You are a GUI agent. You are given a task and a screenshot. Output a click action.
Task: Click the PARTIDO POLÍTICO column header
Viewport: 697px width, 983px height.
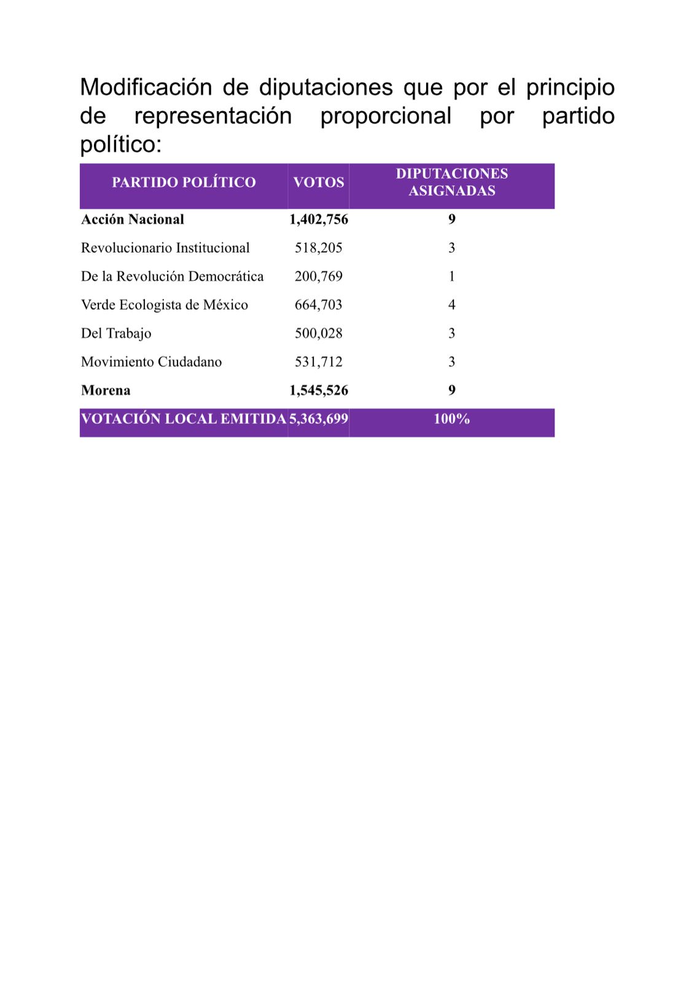(184, 182)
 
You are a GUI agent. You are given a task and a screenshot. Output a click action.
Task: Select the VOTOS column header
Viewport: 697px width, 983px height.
(319, 182)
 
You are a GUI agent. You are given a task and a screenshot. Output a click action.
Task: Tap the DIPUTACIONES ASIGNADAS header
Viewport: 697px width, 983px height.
(452, 182)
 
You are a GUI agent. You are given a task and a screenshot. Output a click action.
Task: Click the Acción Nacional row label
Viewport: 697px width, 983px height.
(133, 219)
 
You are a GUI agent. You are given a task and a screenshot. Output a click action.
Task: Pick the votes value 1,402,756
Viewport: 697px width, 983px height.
(319, 219)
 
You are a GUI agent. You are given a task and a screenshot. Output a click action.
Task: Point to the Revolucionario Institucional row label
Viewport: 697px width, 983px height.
(165, 248)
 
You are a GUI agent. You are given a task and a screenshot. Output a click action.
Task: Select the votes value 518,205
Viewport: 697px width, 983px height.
(319, 248)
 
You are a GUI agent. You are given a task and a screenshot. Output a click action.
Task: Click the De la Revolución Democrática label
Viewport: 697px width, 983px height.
(172, 276)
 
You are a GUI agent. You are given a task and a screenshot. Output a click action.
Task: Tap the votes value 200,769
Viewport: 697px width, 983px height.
(319, 276)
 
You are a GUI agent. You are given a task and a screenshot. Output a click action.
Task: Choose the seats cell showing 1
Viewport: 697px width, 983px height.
(452, 276)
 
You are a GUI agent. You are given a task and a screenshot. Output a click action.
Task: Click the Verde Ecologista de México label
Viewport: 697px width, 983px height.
(165, 305)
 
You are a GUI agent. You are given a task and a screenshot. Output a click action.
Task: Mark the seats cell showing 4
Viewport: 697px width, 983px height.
(452, 305)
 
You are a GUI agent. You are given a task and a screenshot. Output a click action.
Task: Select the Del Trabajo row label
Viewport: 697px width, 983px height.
(116, 333)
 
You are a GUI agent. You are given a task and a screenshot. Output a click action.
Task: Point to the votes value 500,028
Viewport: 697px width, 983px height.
(319, 333)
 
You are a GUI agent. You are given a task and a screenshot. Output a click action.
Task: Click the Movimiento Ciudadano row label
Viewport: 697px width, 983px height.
(151, 362)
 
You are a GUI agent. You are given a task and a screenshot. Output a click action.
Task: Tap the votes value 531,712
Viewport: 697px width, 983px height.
(319, 362)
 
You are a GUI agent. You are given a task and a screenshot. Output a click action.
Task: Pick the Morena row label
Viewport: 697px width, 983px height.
(106, 390)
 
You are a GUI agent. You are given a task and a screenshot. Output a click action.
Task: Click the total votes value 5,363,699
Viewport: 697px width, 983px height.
(319, 419)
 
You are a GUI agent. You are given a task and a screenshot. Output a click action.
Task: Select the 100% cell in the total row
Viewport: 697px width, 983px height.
(452, 419)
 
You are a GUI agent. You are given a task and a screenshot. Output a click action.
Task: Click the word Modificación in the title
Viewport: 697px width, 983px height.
(146, 87)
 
